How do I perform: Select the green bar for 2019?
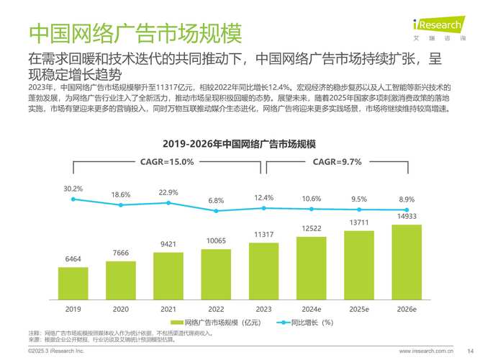[x=73, y=283]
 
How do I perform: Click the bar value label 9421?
[x=168, y=245]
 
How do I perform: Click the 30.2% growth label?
[x=73, y=189]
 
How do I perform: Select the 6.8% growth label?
[x=216, y=200]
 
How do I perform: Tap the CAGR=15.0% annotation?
[x=168, y=162]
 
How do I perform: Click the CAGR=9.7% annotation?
[x=336, y=162]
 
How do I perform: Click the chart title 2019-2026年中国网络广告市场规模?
[x=240, y=142]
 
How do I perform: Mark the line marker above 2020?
[x=121, y=205]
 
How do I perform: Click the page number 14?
[x=461, y=351]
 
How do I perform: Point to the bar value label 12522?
[x=312, y=228]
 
